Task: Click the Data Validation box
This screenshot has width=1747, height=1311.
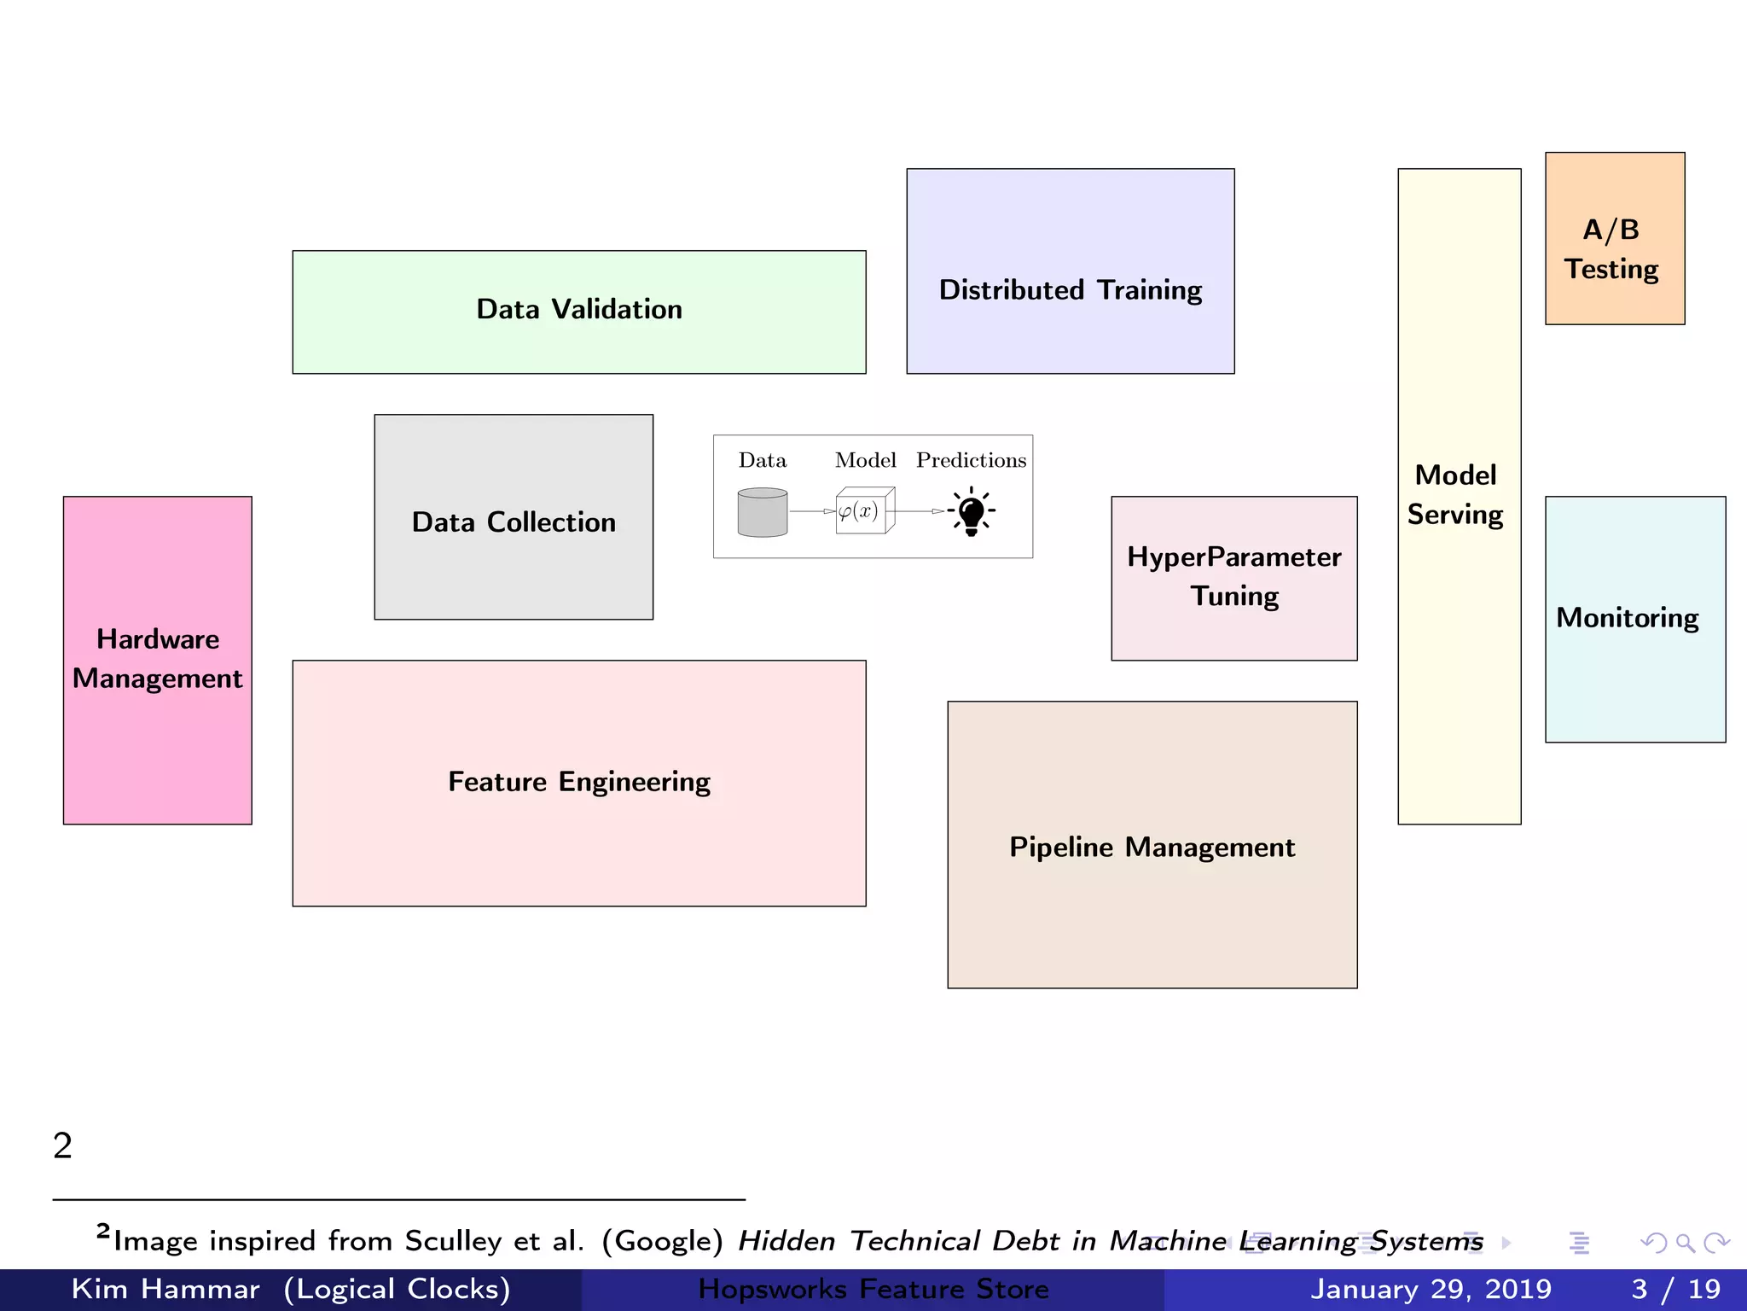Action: click(578, 312)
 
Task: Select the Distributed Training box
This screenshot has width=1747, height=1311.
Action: click(1070, 271)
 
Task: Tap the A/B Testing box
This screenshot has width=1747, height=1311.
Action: click(1614, 238)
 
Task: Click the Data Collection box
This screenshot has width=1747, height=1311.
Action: click(514, 517)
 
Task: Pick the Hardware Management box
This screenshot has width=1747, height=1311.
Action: click(158, 660)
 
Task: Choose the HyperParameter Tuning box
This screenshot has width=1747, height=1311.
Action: click(1233, 578)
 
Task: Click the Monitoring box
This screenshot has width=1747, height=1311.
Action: click(1634, 619)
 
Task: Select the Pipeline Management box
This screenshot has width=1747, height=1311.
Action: click(1152, 845)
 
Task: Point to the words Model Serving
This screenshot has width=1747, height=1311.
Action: click(1455, 495)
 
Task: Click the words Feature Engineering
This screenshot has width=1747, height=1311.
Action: click(579, 781)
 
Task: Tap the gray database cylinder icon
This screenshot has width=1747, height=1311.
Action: click(763, 512)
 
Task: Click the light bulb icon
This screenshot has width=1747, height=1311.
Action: click(972, 512)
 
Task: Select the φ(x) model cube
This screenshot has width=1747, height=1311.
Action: click(864, 510)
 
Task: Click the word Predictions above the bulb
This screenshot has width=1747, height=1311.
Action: click(971, 460)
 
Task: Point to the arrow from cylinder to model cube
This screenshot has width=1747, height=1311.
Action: click(812, 511)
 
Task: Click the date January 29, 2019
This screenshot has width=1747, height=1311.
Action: click(1431, 1289)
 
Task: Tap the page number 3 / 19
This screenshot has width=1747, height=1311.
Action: click(1675, 1289)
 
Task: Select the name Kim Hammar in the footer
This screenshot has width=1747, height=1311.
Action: click(165, 1289)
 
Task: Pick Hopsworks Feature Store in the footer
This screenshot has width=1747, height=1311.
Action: click(873, 1289)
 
